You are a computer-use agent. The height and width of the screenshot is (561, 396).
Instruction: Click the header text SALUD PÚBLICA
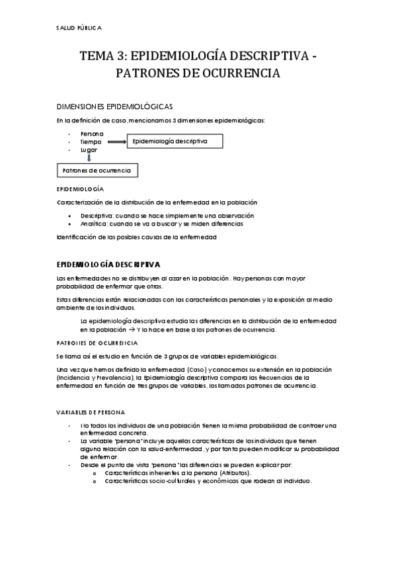[79, 28]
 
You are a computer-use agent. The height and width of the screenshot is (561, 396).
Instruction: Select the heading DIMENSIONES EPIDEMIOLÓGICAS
[115, 106]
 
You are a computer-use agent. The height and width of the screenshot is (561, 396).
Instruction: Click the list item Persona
[92, 134]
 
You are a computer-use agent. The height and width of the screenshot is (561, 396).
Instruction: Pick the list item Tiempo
[91, 142]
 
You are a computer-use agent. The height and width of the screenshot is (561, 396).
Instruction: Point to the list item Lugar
[89, 150]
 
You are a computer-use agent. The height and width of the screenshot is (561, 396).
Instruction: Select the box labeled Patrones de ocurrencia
[97, 171]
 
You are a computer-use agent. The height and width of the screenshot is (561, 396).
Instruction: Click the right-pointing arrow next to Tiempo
[116, 142]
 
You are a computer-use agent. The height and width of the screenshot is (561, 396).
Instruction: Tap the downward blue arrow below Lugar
[89, 158]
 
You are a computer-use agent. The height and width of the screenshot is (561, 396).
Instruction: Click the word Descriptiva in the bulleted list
[97, 216]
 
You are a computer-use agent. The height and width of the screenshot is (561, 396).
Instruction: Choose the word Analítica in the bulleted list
[94, 224]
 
